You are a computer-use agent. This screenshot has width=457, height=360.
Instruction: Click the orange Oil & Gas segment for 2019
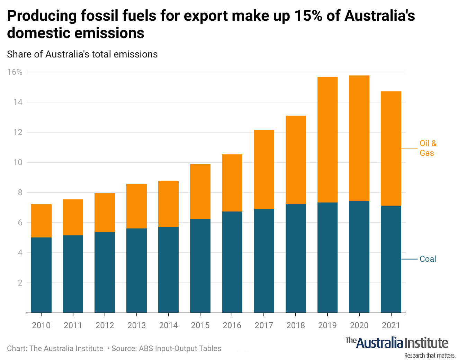click(327, 140)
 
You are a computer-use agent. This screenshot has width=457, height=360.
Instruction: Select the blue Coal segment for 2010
click(41, 275)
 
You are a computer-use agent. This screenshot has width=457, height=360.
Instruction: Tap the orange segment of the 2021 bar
click(391, 148)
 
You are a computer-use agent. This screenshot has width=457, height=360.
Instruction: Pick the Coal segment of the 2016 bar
click(232, 262)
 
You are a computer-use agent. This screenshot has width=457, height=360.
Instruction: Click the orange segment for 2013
click(136, 206)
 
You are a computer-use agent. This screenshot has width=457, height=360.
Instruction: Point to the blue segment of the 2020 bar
click(359, 257)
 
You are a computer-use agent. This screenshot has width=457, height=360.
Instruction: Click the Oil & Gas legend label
click(428, 148)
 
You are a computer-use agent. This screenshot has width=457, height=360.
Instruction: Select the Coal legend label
click(428, 259)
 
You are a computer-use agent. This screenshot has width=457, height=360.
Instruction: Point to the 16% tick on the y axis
click(15, 72)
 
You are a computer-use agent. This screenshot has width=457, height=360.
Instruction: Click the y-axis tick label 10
click(18, 162)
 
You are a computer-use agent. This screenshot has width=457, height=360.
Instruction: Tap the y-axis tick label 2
click(20, 283)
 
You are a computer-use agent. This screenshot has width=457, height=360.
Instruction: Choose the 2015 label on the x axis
click(200, 325)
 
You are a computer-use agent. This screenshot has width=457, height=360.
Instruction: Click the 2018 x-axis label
click(296, 325)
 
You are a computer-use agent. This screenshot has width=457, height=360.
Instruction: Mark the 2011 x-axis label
click(73, 325)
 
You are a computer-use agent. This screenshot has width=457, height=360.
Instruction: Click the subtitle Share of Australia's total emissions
click(82, 54)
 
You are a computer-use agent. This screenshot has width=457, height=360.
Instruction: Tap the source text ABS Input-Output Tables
click(180, 349)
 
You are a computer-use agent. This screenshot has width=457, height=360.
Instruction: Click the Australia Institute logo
click(397, 343)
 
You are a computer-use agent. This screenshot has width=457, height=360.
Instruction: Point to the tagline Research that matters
click(430, 355)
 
